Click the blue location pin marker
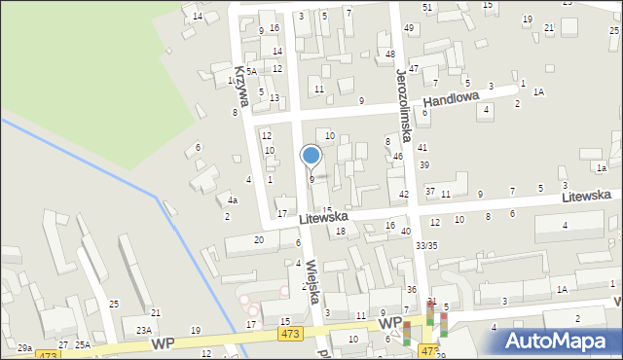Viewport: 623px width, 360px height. pyautogui.click(x=311, y=156)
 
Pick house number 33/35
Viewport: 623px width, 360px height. pyautogui.click(x=426, y=245)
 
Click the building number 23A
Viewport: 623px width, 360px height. pyautogui.click(x=144, y=331)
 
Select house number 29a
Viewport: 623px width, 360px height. pyautogui.click(x=24, y=347)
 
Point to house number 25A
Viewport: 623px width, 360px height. pyautogui.click(x=84, y=345)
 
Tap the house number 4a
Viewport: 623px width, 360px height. pyautogui.click(x=233, y=200)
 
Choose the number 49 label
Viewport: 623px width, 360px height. pyautogui.click(x=409, y=28)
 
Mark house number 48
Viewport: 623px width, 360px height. pyautogui.click(x=390, y=54)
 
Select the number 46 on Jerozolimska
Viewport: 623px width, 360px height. pyautogui.click(x=398, y=156)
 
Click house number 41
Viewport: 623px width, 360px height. pyautogui.click(x=422, y=147)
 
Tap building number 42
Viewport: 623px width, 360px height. pyautogui.click(x=404, y=195)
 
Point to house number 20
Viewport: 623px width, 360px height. pyautogui.click(x=258, y=239)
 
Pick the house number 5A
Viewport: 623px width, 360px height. pyautogui.click(x=251, y=71)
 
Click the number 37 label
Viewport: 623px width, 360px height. pyautogui.click(x=429, y=191)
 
